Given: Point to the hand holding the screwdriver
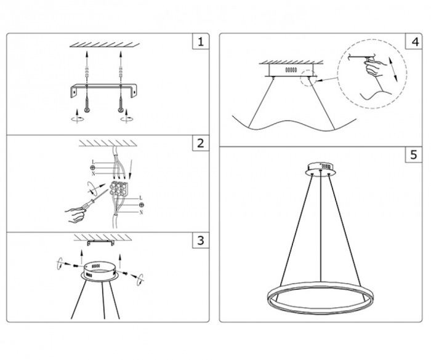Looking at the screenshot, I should click(x=76, y=214).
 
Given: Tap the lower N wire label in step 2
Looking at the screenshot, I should click(x=141, y=212).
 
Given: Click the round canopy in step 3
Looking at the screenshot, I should click(x=99, y=271).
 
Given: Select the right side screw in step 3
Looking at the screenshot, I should click(x=126, y=271).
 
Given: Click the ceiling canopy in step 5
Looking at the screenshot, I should click(x=321, y=167).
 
